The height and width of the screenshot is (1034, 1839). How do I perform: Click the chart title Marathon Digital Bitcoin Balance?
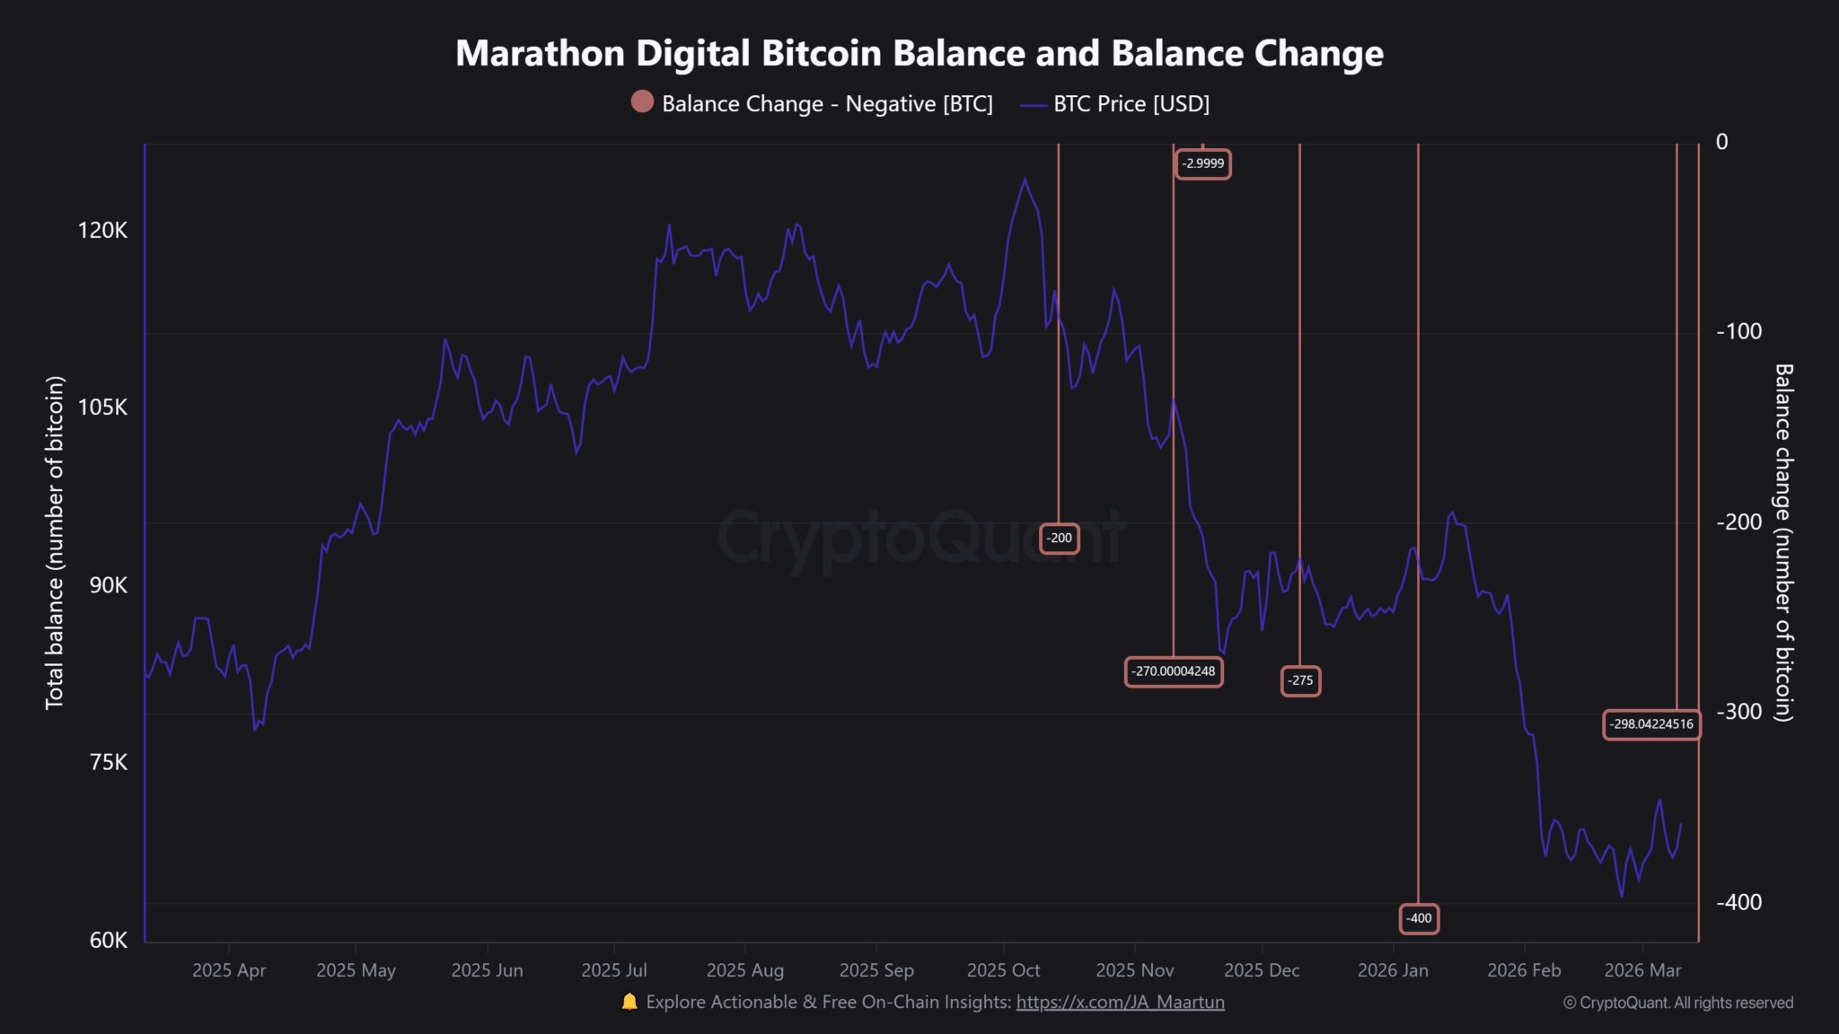coord(919,54)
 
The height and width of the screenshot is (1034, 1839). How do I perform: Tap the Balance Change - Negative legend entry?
coord(812,104)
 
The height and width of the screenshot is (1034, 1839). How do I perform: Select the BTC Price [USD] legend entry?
coord(1116,104)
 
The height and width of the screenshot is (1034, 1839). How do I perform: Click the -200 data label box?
coord(1060,539)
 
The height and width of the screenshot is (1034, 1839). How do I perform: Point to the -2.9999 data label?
coord(1202,163)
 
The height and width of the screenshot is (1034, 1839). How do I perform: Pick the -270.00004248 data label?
coord(1173,671)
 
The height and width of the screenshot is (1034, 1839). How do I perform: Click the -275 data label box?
coord(1300,681)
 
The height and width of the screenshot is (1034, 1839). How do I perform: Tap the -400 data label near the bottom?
coord(1419,918)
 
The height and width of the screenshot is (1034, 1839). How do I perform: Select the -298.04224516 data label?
coord(1650,724)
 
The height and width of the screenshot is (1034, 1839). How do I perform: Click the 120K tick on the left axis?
coord(102,231)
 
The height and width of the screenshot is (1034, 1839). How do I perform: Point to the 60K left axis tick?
coord(109,940)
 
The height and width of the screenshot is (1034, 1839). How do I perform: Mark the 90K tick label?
coord(109,585)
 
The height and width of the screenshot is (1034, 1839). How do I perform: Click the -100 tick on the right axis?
coord(1739,331)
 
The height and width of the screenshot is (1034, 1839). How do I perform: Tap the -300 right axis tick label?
coord(1739,712)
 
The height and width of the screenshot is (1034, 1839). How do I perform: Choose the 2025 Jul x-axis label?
coord(613,970)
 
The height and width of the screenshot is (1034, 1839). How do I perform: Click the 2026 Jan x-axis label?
coord(1393,970)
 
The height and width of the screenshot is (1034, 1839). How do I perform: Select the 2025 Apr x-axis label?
coord(229,970)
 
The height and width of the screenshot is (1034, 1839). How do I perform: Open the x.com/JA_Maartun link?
coord(1120,1002)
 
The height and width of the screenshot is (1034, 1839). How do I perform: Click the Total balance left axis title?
coord(55,542)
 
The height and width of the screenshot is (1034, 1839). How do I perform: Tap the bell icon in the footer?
coord(629,1002)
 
